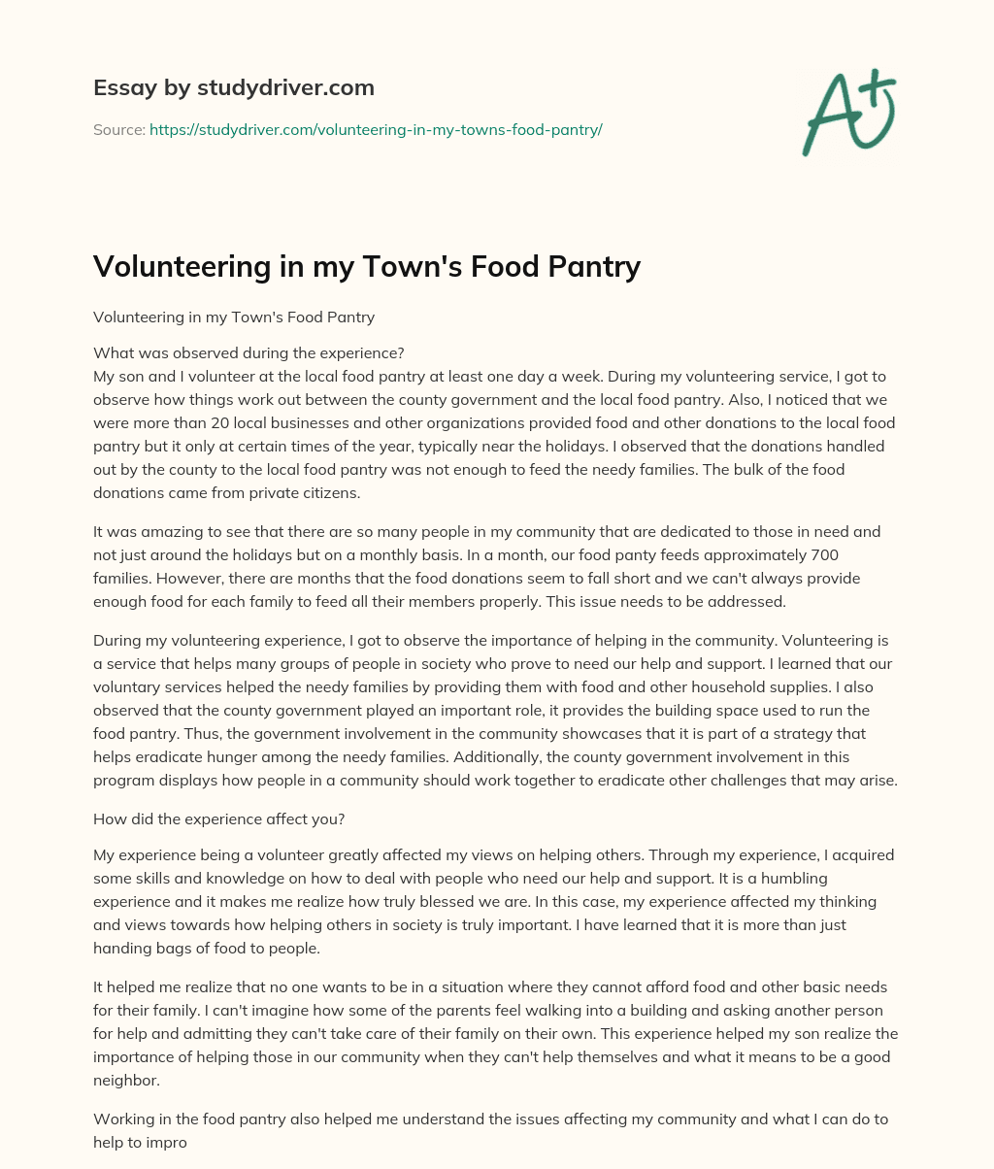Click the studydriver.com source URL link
tap(376, 129)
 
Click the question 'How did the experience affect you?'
tap(219, 818)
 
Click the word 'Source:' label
tap(118, 129)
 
